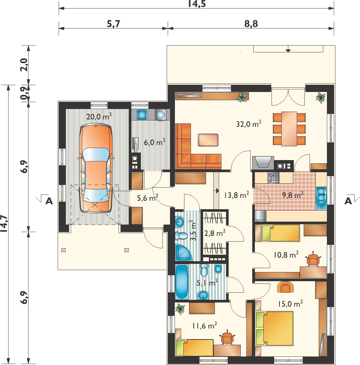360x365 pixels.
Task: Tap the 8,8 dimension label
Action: click(x=251, y=24)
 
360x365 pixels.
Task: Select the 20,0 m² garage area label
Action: click(x=99, y=116)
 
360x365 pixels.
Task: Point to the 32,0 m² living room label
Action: click(x=249, y=124)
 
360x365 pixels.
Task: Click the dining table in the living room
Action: click(x=289, y=129)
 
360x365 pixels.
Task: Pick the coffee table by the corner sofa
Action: click(x=208, y=140)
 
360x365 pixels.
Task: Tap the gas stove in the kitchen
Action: click(x=273, y=178)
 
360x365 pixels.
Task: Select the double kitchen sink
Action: click(x=321, y=194)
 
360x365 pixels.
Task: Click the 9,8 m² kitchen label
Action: click(x=293, y=195)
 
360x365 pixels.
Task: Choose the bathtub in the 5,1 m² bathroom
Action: click(x=182, y=282)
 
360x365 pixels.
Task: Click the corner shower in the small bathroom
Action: click(x=183, y=252)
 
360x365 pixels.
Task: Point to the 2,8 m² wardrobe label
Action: click(x=215, y=233)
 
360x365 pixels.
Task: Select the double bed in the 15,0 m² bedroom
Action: click(x=274, y=328)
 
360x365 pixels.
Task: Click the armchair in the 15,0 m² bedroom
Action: click(x=285, y=287)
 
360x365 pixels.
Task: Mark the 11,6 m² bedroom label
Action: click(x=205, y=326)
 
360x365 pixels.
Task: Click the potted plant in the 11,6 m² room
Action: click(x=180, y=309)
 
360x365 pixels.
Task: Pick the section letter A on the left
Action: click(x=49, y=201)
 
